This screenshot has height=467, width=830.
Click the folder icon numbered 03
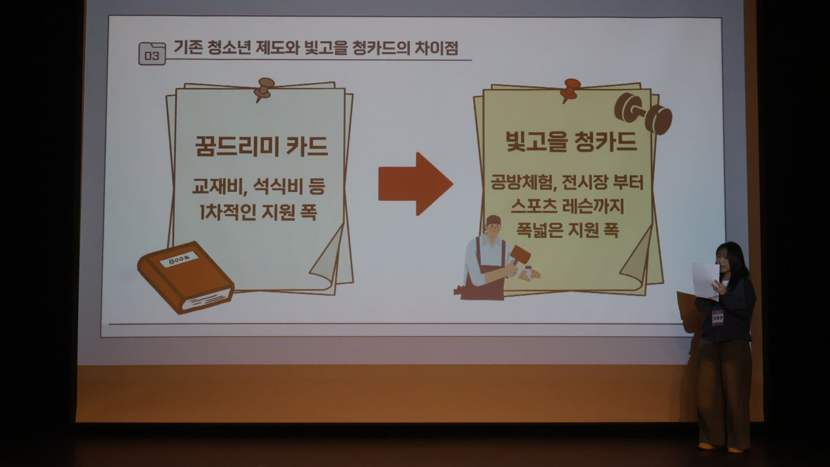pyautogui.click(x=152, y=54)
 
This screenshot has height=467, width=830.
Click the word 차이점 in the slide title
pyautogui.click(x=436, y=48)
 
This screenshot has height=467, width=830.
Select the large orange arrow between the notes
pyautogui.click(x=415, y=184)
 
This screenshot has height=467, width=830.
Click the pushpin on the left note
pyautogui.click(x=263, y=89)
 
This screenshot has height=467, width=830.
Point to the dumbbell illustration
pyautogui.click(x=643, y=113)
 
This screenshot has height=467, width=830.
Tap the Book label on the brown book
pyautogui.click(x=179, y=259)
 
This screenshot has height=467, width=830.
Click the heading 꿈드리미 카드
pyautogui.click(x=262, y=146)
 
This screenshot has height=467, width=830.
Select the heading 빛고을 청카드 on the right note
pyautogui.click(x=571, y=141)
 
